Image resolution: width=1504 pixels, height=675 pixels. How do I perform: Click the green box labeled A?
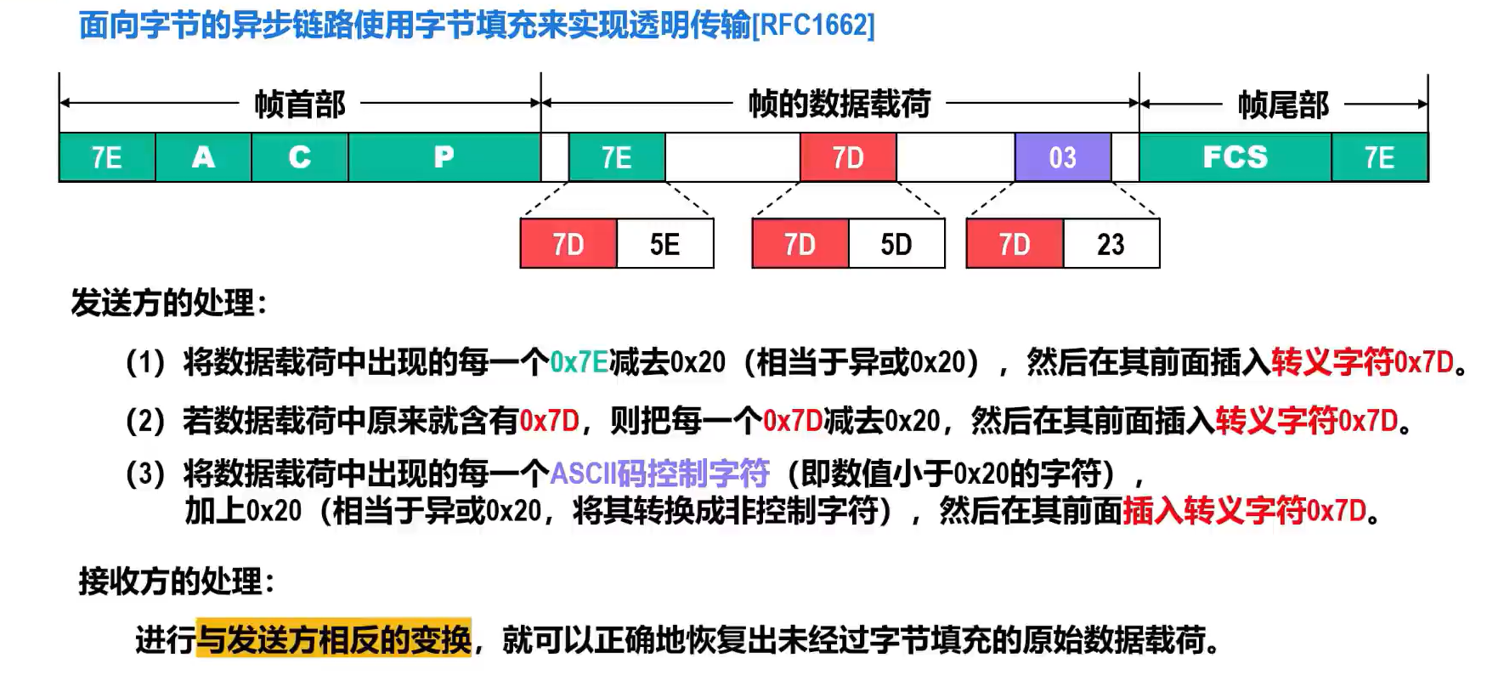tap(203, 157)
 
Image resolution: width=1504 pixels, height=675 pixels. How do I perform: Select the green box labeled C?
tap(300, 157)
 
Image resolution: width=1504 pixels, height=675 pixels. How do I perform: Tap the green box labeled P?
tap(444, 157)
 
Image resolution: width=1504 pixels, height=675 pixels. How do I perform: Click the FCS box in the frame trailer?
tap(1235, 157)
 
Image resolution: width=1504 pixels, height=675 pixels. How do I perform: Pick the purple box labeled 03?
tap(1063, 157)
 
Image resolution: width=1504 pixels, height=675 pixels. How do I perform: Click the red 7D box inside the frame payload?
tap(848, 157)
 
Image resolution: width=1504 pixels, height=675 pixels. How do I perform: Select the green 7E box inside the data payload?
tap(617, 157)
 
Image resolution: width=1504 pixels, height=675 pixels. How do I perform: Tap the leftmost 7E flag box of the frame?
tap(107, 157)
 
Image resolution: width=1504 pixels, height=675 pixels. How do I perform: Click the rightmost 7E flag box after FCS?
tap(1380, 157)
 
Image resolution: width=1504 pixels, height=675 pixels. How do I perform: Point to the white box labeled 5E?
tap(665, 244)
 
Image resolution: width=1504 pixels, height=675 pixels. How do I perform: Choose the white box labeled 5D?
tap(896, 244)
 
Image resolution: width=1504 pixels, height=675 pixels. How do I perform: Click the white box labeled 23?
tap(1111, 244)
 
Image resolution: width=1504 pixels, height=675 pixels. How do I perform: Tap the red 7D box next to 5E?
tap(568, 244)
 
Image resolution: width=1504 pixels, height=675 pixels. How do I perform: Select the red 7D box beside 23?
tap(1015, 244)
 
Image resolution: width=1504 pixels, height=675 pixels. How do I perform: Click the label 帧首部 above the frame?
tap(300, 105)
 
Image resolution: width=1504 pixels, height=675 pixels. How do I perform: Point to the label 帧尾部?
tap(1283, 105)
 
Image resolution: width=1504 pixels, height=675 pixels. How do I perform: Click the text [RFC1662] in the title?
tap(813, 26)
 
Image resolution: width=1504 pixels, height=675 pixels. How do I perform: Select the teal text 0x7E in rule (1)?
tap(580, 363)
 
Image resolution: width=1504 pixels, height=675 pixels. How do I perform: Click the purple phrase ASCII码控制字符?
tap(660, 473)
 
